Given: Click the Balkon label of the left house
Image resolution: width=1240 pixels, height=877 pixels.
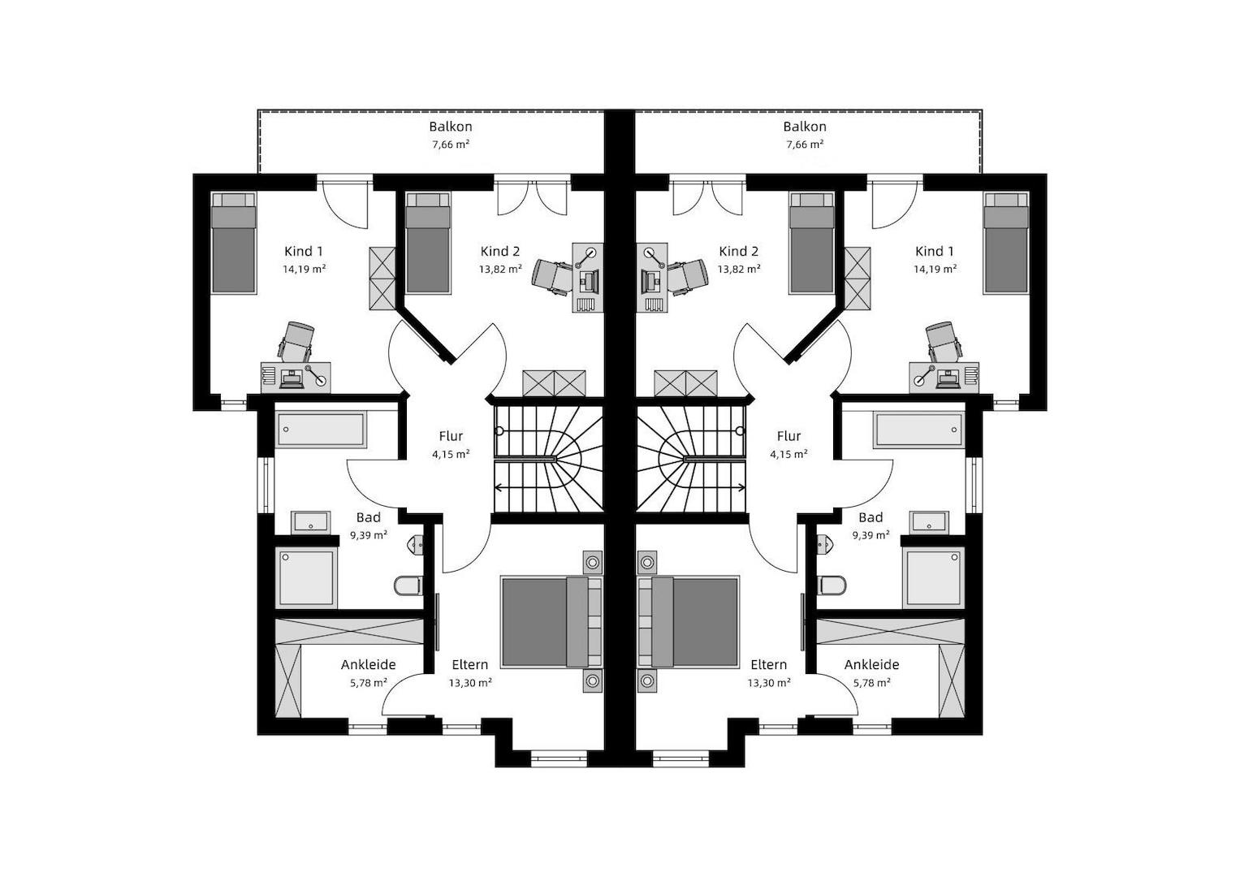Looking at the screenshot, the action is [x=451, y=127].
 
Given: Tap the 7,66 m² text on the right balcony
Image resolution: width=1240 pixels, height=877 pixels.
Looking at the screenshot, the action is [x=805, y=145].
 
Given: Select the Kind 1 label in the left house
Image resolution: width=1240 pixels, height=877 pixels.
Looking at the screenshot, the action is [x=304, y=252].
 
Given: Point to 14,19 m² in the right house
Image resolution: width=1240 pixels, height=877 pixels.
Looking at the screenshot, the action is [x=935, y=269].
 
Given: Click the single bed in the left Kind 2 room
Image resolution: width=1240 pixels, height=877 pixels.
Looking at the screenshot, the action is [x=428, y=243].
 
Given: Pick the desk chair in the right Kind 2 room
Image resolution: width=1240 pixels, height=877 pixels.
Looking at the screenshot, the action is [x=689, y=275].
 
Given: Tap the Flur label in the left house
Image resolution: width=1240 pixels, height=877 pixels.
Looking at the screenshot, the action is [x=451, y=436].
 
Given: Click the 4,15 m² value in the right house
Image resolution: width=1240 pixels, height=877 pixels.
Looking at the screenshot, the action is [x=789, y=455].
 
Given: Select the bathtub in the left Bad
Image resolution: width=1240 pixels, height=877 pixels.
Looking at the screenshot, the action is [x=321, y=429].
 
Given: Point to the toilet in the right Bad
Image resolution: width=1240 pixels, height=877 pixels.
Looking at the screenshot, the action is [x=832, y=585].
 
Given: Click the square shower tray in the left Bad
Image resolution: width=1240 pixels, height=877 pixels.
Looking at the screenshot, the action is [x=306, y=578].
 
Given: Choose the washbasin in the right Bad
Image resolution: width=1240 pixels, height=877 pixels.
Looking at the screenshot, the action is [x=930, y=521].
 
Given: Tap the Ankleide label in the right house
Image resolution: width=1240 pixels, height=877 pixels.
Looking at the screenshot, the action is [x=871, y=664].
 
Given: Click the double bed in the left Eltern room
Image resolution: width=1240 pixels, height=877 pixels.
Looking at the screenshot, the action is [x=551, y=622].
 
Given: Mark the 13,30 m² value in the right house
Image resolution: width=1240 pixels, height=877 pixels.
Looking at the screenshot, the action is [x=769, y=683].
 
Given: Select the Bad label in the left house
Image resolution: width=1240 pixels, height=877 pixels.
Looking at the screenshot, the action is [x=368, y=518].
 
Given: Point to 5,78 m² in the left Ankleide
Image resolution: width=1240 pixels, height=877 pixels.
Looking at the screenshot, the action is [x=368, y=683].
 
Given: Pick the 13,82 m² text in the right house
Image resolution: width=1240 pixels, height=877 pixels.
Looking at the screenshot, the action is [x=739, y=269].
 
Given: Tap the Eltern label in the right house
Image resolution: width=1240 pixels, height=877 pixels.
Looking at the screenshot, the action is [x=769, y=664].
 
